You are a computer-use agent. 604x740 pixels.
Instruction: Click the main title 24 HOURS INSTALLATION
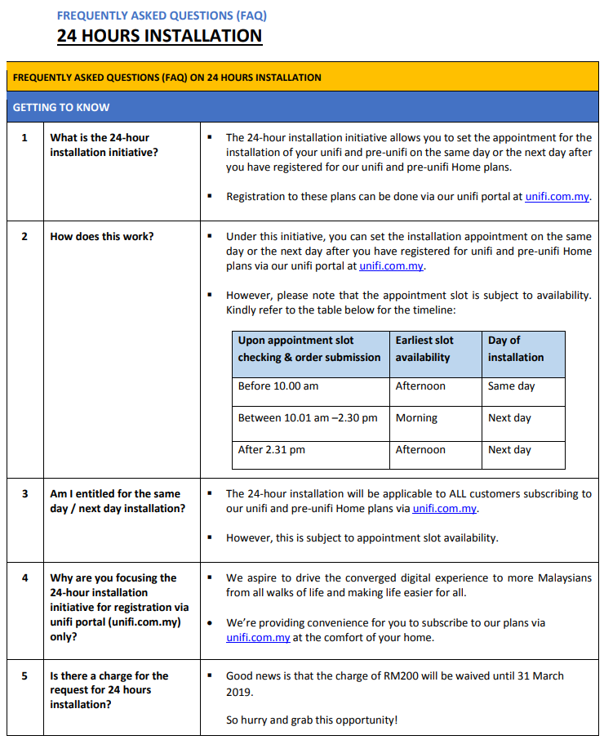tap(159, 36)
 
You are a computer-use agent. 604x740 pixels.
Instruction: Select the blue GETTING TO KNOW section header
tap(61, 107)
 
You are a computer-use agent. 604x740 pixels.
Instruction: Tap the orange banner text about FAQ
tap(167, 78)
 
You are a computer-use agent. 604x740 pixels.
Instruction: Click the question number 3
tap(24, 493)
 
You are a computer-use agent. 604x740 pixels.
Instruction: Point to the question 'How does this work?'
tap(102, 236)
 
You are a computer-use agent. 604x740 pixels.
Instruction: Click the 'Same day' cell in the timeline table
tap(511, 386)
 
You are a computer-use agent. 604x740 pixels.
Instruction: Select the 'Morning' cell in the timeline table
tap(416, 417)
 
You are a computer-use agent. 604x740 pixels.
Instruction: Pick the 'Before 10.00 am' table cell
tap(278, 386)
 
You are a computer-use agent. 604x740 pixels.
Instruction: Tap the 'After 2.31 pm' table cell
tap(273, 449)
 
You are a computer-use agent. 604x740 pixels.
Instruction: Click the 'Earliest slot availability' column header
tap(424, 349)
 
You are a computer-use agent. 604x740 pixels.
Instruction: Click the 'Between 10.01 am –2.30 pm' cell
tap(308, 417)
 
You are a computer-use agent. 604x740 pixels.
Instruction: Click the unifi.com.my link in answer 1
tap(557, 197)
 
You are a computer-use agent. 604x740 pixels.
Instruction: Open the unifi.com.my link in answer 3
tap(444, 509)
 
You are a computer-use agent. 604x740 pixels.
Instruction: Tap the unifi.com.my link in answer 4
tap(258, 638)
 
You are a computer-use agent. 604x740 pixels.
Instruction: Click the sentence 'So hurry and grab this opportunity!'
tap(312, 720)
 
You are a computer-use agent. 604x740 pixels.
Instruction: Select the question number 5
tap(24, 675)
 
